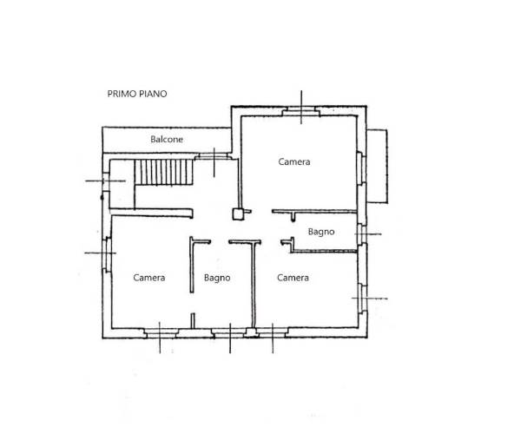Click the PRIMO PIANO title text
[x=137, y=94]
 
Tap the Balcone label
[x=167, y=139]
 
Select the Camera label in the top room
[x=294, y=161]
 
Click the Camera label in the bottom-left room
[x=148, y=278]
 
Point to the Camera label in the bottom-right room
[x=293, y=278]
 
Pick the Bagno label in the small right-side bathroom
[x=321, y=232]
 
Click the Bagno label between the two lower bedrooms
[x=217, y=278]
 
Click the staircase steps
[x=163, y=172]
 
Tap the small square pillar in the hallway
[x=238, y=214]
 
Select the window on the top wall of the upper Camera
[x=301, y=111]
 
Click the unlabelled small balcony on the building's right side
[x=377, y=166]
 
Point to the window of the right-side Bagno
[x=361, y=234]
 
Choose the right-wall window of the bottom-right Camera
[x=362, y=299]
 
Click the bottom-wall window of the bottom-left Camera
[x=161, y=333]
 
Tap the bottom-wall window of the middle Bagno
[x=229, y=333]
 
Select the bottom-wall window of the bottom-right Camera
[x=272, y=333]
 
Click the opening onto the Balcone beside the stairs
[x=214, y=157]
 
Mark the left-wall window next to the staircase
[x=106, y=181]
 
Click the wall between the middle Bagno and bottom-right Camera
[x=254, y=285]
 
